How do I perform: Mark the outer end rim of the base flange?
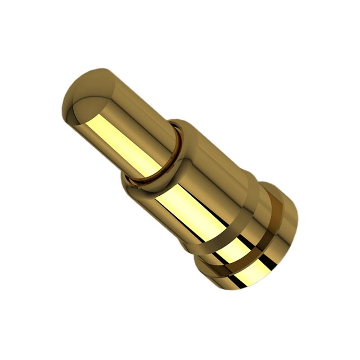[x=281, y=236]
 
